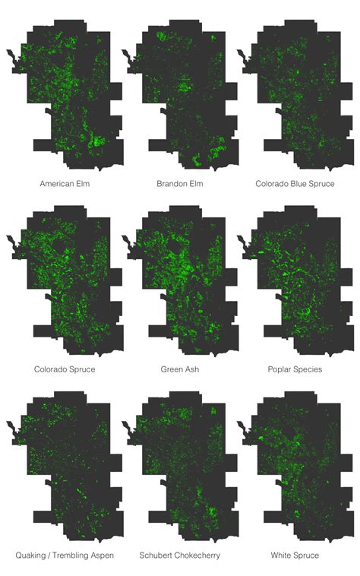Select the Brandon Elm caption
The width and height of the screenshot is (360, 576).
[180, 184]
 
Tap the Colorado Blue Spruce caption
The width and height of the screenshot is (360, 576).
[295, 184]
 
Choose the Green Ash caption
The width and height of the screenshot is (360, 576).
[180, 369]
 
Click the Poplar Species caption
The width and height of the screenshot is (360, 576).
[295, 369]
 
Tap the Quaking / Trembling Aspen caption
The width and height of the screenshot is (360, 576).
[65, 555]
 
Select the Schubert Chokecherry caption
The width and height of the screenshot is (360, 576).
[180, 555]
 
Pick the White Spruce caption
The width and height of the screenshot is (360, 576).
[295, 555]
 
